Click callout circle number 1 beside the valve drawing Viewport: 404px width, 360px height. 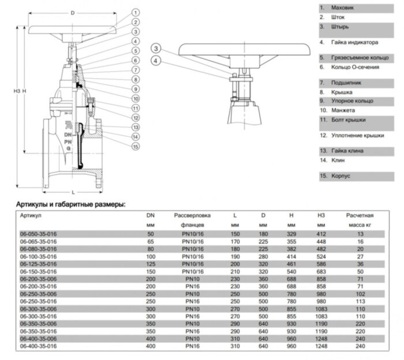coord(134,12)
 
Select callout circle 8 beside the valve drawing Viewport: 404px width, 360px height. coord(134,79)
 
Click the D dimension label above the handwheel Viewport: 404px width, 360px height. coord(72,12)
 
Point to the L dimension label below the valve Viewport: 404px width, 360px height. coord(73,191)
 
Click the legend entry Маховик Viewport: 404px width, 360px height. coord(342,8)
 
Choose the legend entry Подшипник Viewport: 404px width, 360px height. coord(346,83)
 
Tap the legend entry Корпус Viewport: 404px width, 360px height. coord(340,176)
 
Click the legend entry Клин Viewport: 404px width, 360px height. coord(338,159)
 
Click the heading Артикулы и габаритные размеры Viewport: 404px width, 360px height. coord(71,204)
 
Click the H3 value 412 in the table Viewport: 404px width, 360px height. coord(321,233)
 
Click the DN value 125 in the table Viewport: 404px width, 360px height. coord(151,263)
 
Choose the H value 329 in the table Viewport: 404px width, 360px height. coord(291,233)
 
